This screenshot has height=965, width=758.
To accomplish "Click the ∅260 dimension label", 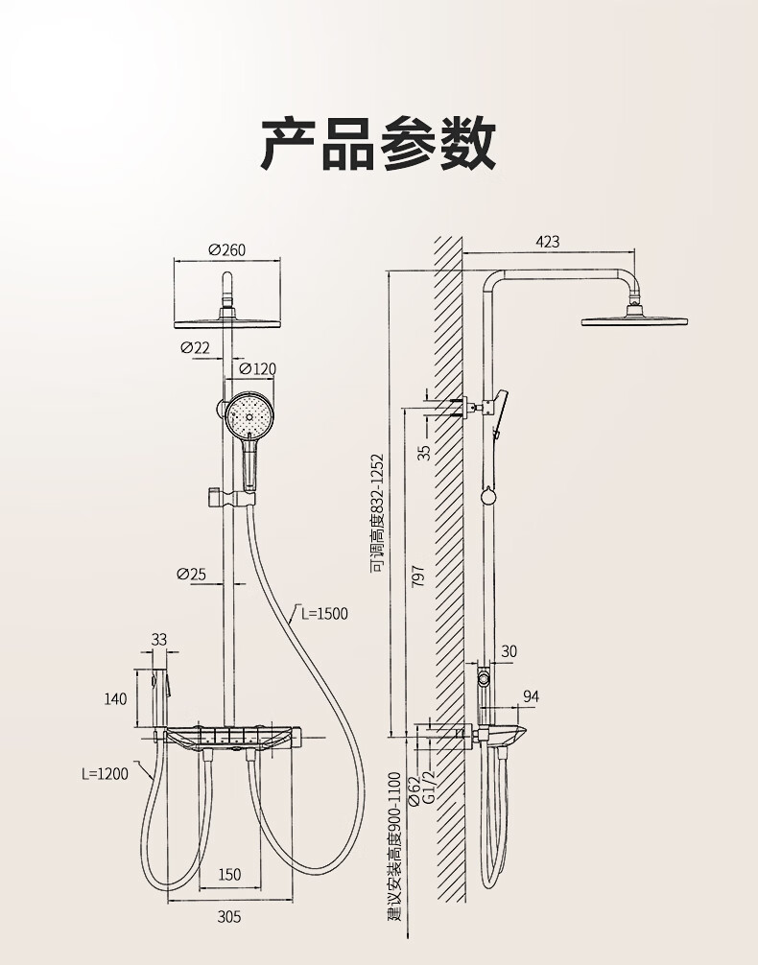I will point(226,250).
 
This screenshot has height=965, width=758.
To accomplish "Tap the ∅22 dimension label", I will point(195,347).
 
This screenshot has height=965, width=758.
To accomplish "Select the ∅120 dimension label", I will point(257,368).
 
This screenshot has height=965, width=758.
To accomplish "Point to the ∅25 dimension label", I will point(192,574).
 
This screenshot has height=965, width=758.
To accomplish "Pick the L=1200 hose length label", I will point(105,774).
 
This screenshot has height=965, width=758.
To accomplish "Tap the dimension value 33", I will point(159,640).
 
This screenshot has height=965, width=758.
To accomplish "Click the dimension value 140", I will point(115,699).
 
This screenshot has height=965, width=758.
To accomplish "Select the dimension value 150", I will point(229,874).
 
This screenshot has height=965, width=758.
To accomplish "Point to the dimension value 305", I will point(229,916).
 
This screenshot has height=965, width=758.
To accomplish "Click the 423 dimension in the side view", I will point(547,243).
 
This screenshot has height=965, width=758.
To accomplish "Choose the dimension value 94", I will point(531,696).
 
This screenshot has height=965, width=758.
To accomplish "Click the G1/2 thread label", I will point(429,786).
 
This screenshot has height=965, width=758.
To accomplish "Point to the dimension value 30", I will point(509,651).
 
